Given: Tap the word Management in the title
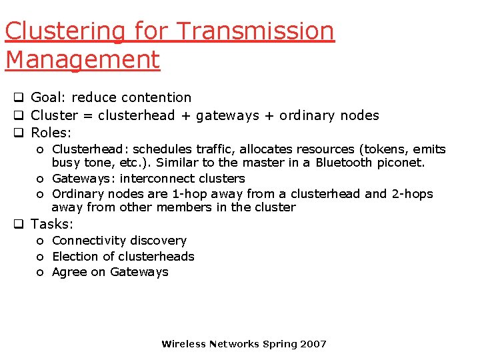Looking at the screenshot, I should [83, 59].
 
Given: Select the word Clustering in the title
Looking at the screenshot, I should [65, 31].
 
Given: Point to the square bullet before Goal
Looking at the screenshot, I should [19, 98].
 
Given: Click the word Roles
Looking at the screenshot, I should [51, 133].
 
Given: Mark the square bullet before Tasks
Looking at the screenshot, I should [19, 225].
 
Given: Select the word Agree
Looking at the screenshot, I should [69, 272].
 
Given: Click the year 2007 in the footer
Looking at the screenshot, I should [313, 344].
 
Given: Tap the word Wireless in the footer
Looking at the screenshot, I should [184, 344].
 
